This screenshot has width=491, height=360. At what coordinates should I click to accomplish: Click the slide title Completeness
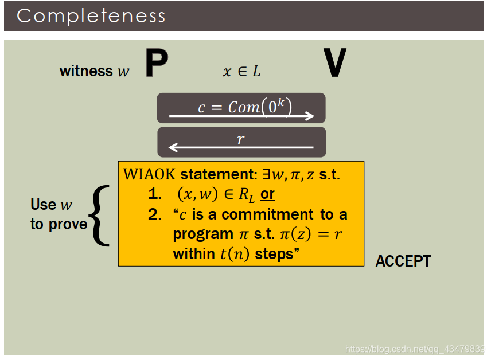pos(91,15)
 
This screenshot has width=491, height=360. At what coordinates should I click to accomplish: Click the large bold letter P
pos(156,64)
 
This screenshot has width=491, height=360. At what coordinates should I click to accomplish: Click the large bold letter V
pos(335,64)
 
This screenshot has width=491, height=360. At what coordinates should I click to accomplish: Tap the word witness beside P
pos(86,71)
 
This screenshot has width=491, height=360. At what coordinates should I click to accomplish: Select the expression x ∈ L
pos(241,72)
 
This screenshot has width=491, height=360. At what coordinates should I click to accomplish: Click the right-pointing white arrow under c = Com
pos(241,116)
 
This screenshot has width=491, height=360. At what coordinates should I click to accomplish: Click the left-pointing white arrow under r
pos(241,148)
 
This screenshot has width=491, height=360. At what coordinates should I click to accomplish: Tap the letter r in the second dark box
pos(241,138)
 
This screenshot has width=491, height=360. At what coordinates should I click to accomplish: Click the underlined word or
pos(267,195)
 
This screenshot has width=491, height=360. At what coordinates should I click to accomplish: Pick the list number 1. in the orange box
pos(154,195)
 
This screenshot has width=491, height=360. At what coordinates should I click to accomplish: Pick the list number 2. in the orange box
pos(154,215)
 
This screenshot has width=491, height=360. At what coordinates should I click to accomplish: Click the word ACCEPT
pos(403,261)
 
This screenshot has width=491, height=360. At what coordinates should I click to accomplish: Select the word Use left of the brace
pos(44,205)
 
